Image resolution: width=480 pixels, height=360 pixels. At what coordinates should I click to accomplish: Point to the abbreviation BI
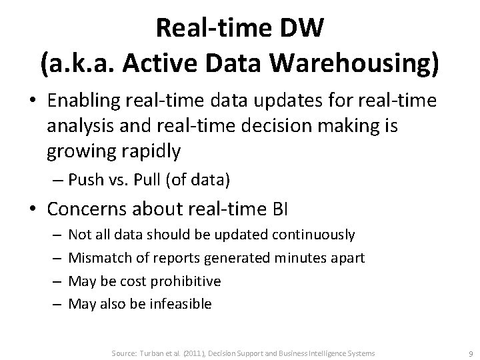tap(279, 211)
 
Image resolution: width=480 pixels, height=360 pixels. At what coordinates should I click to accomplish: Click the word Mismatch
tap(94, 258)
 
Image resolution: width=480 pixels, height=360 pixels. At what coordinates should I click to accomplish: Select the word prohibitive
tap(187, 281)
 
